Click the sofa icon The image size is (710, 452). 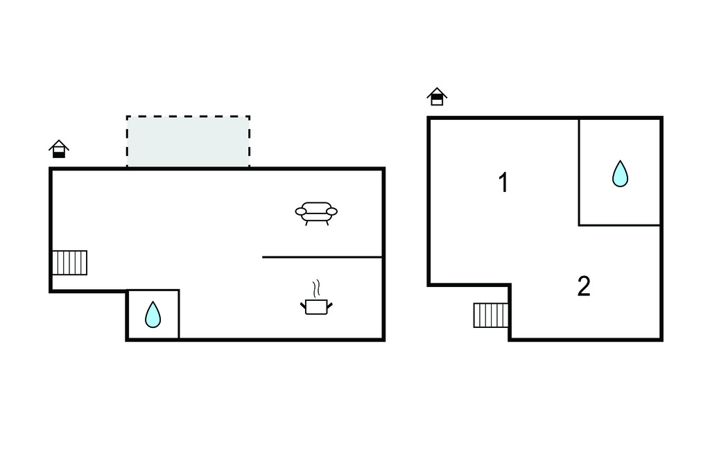click(316, 212)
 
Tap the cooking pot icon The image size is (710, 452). click(316, 306)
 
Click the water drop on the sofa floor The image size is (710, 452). click(153, 315)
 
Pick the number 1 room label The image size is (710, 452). click(504, 183)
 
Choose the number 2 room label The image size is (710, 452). click(584, 286)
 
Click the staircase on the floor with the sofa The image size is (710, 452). click(70, 263)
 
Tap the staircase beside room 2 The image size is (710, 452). click(491, 315)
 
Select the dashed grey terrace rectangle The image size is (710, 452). click(188, 141)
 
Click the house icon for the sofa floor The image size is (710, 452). click(59, 149)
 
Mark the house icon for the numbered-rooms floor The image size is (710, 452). click(437, 96)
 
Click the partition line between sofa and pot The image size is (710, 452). click(322, 257)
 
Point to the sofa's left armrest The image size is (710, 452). click(301, 211)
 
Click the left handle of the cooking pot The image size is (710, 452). click(303, 304)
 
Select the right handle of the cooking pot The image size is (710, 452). click(330, 304)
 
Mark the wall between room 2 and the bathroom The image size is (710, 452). click(619, 225)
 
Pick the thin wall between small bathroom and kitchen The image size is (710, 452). click(179, 315)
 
